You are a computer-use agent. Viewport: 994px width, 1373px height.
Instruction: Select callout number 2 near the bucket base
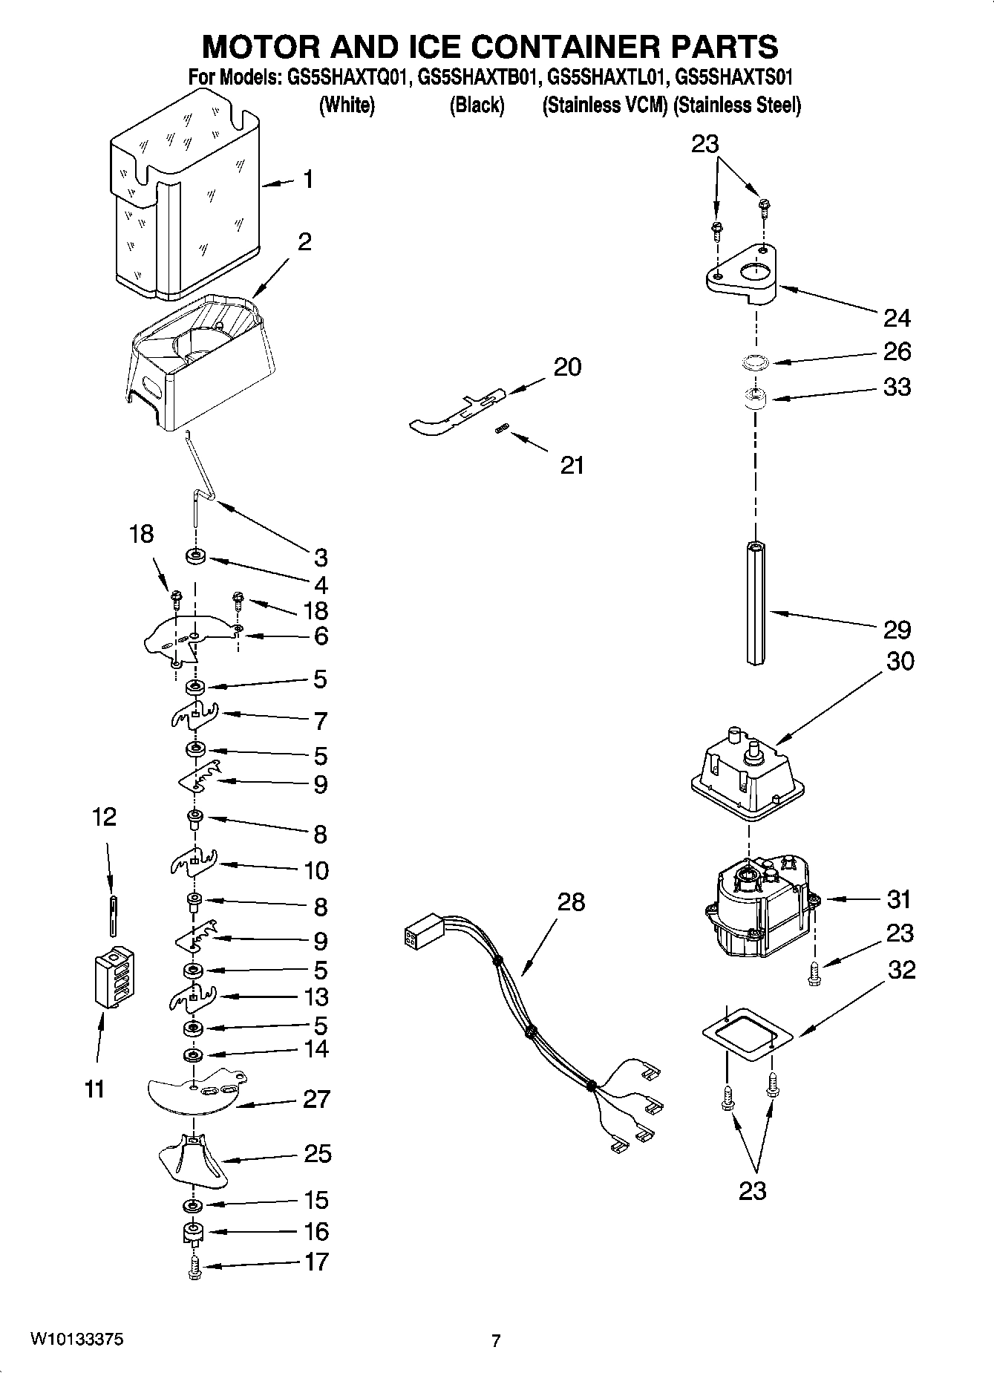[304, 242]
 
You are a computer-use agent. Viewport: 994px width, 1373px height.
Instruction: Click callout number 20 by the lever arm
[568, 367]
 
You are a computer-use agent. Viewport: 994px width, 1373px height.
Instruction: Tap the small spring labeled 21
[501, 428]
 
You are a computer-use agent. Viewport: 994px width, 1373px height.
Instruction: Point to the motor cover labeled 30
[748, 776]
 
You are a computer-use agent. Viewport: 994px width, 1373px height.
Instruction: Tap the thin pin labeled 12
[111, 916]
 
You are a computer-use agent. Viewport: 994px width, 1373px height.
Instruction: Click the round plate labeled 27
[194, 1095]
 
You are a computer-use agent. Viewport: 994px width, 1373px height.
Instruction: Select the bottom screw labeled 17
[194, 1267]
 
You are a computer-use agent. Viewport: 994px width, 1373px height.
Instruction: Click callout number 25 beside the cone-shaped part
[317, 1153]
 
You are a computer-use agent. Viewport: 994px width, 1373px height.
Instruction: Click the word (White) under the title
[347, 105]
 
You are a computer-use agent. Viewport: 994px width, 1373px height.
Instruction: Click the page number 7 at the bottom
[496, 1340]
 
